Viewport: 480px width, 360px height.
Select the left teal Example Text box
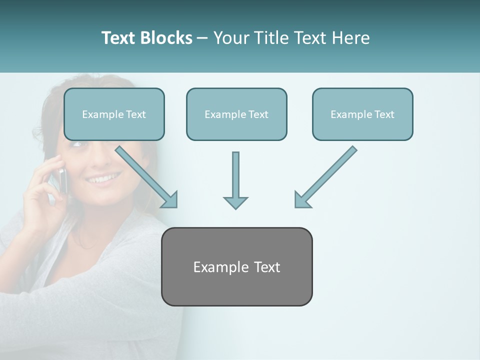coord(114,114)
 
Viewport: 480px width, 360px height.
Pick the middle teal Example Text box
coord(236,114)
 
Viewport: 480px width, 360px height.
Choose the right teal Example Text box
coord(362,114)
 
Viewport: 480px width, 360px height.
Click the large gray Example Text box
coord(236,266)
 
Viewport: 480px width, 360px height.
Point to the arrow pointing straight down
coord(235,180)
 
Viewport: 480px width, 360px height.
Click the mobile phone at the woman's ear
coord(62,179)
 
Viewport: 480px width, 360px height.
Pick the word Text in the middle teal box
coord(258,114)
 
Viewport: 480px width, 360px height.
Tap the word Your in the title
coord(230,38)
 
